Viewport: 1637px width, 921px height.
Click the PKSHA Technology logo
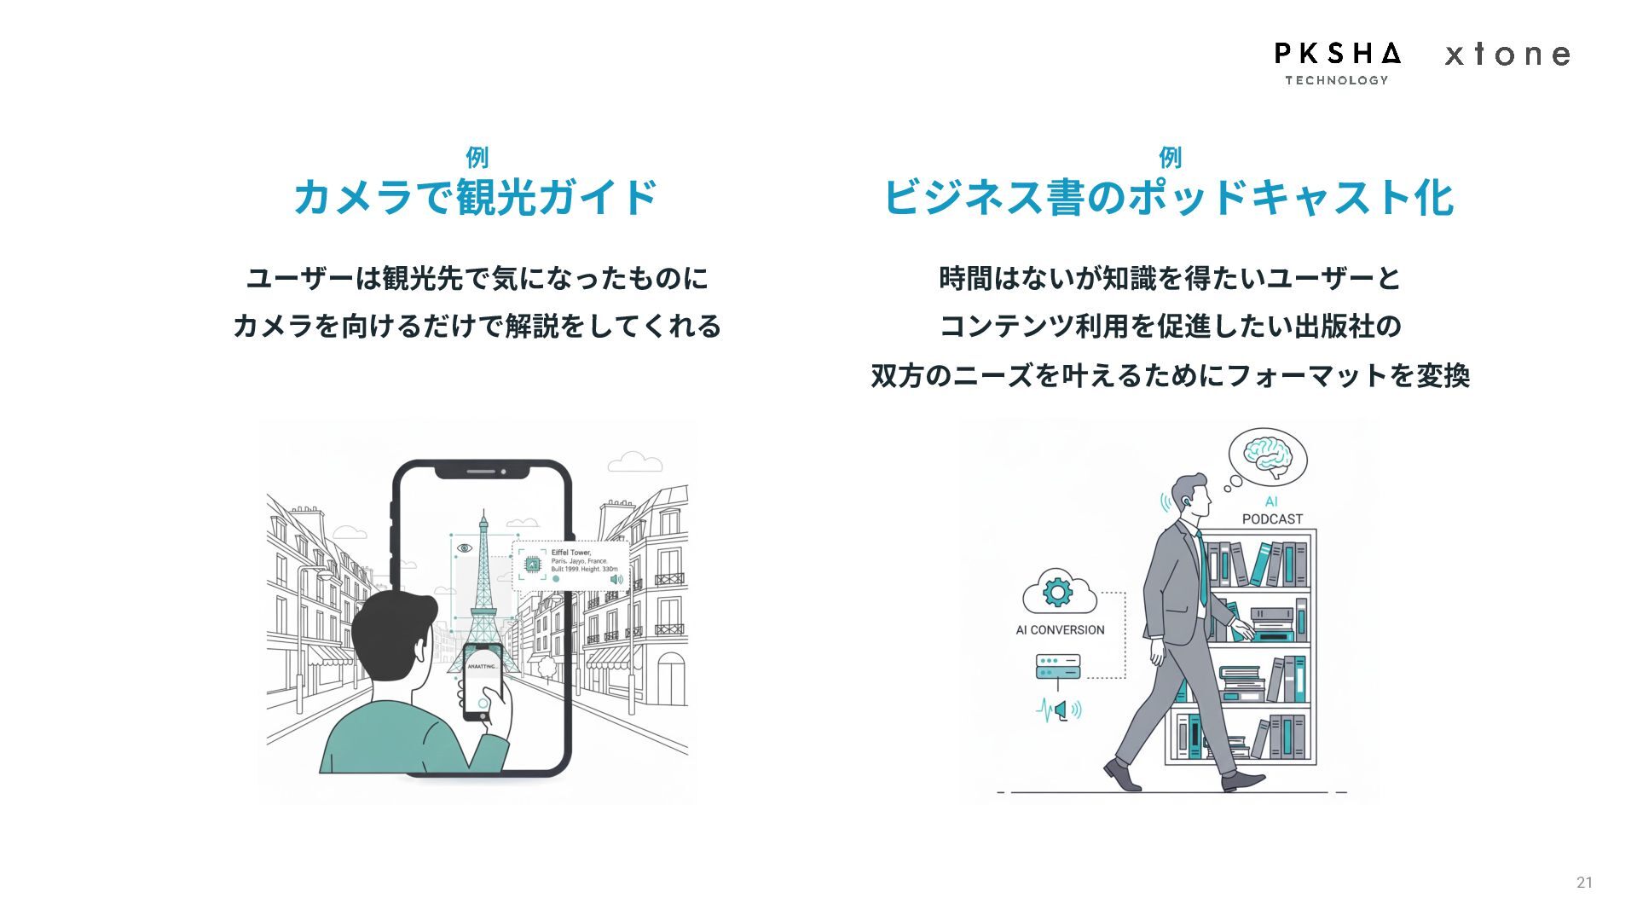1337,62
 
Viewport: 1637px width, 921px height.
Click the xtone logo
1507,55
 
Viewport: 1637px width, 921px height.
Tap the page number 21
1584,883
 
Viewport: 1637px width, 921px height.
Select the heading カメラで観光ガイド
476,198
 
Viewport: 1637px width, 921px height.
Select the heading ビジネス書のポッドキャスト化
1169,198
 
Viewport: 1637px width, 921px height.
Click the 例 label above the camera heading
477,157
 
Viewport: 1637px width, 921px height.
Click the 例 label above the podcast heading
1170,157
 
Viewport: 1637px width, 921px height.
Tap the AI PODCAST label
1272,511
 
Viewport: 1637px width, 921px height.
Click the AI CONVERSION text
1060,630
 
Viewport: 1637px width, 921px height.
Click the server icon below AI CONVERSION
1058,667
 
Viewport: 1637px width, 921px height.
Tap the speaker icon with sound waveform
1060,710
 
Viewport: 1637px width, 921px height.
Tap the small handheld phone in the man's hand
481,683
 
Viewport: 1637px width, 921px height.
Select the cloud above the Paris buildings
634,462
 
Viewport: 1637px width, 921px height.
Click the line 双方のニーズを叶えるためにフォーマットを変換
1170,375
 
